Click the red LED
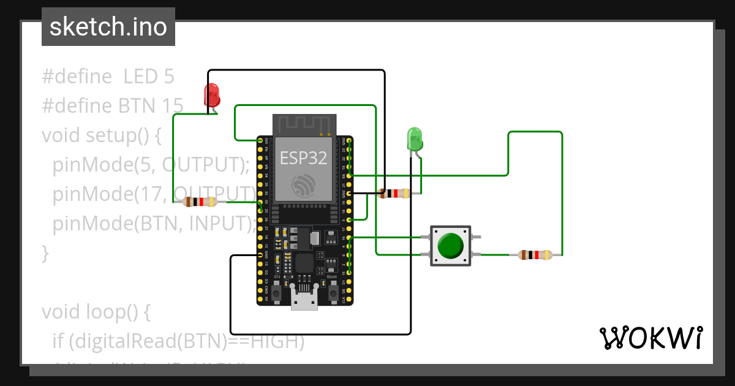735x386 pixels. [x=211, y=95]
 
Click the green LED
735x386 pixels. [x=415, y=139]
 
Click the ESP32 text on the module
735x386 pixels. [x=303, y=157]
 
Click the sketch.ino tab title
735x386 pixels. [x=108, y=27]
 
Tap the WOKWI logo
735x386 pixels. [x=650, y=338]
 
